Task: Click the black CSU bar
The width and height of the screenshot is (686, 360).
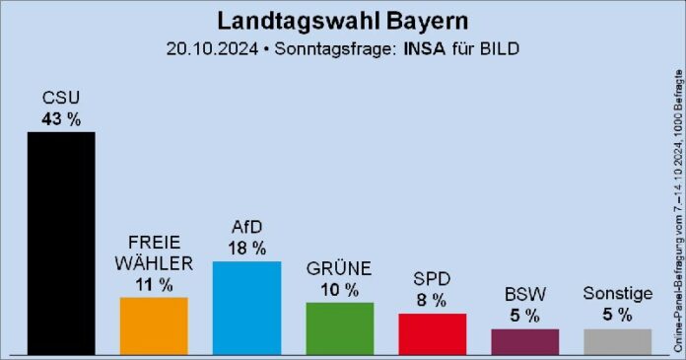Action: [x=61, y=243]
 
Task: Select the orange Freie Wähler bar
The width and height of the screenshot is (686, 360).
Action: [x=154, y=325]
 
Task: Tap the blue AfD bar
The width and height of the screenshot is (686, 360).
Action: [x=246, y=308]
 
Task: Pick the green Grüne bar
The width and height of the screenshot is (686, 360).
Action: [x=340, y=328]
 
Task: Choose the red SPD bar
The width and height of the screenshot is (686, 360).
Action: [x=433, y=334]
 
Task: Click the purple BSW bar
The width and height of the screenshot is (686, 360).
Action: [x=525, y=341]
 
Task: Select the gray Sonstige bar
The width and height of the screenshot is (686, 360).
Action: [x=618, y=341]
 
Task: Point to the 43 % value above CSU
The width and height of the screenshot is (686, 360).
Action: [x=61, y=118]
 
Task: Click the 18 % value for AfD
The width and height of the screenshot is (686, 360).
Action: [x=246, y=249]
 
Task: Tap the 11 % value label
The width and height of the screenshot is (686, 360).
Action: [x=154, y=285]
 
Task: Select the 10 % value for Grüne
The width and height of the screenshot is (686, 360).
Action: [x=340, y=290]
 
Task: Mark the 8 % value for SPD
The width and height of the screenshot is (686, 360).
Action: [x=433, y=300]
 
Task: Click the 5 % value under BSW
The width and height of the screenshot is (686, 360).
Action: [x=525, y=316]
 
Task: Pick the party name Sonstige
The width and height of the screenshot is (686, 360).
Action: [x=618, y=294]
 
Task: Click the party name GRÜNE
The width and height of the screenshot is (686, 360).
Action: [x=340, y=269]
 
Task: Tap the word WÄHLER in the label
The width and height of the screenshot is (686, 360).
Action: [x=154, y=263]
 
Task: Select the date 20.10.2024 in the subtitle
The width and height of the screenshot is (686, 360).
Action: [x=211, y=48]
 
